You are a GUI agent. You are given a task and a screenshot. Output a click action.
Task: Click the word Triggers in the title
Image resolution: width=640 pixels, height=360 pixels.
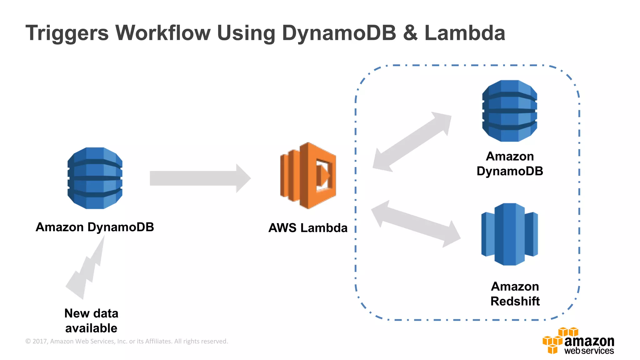(67, 33)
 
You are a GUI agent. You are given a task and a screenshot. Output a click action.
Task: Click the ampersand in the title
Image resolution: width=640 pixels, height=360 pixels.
(410, 33)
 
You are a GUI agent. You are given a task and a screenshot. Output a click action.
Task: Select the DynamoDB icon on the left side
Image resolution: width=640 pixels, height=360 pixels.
(95, 178)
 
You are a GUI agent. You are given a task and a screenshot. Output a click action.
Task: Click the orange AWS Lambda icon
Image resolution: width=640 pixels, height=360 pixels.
(308, 176)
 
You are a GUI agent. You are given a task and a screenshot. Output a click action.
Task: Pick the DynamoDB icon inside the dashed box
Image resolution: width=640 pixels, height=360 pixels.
(509, 111)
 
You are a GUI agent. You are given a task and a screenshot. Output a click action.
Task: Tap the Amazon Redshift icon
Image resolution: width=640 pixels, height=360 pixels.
(509, 234)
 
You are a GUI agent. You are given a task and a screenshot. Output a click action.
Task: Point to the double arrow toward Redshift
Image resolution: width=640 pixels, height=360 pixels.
(416, 224)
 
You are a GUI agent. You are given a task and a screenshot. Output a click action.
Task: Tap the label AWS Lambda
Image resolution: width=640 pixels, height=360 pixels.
(308, 228)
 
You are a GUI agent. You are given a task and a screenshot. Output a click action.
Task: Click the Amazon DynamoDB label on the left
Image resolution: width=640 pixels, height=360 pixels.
(95, 227)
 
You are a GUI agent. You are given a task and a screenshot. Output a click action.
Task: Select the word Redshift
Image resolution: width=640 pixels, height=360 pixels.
(515, 301)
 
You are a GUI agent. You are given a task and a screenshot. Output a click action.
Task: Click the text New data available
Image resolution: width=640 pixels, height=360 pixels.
(91, 321)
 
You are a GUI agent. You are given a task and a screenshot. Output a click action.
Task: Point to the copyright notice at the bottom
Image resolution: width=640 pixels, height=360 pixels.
(127, 341)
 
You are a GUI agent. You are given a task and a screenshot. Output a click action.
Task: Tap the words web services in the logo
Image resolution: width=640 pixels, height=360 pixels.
(589, 351)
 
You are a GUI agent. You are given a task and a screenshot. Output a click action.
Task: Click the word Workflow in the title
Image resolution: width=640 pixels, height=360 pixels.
(163, 33)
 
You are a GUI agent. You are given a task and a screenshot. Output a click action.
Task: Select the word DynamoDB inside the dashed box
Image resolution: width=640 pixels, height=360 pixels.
(510, 171)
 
